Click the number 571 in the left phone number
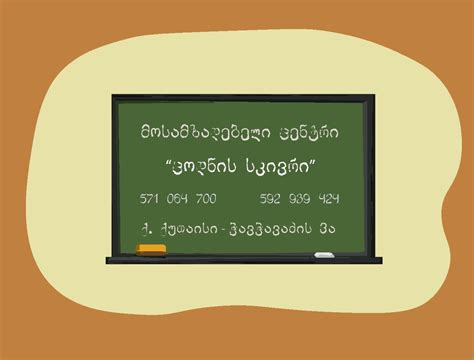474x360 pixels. point(154,198)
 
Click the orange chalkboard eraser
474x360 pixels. point(152,248)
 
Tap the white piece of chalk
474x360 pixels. point(324,255)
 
